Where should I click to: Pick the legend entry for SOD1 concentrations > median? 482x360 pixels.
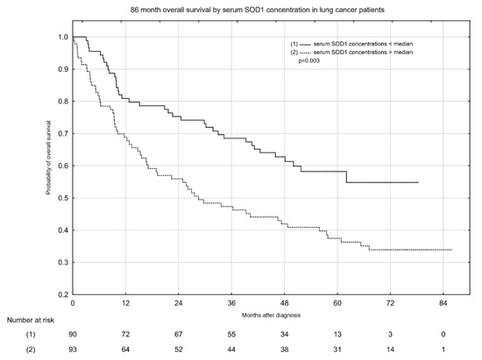tap(360, 53)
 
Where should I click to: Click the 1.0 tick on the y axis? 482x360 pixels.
tap(62, 37)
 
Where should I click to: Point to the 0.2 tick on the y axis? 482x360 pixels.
tap(62, 294)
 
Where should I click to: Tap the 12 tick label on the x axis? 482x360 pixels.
tap(125, 303)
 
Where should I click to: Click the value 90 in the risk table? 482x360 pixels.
tap(74, 335)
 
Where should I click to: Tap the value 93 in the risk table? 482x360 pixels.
tap(74, 350)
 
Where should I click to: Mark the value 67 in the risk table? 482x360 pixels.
tap(179, 335)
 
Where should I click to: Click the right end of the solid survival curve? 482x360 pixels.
tap(418, 182)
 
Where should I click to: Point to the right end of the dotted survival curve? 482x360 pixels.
tap(451, 250)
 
